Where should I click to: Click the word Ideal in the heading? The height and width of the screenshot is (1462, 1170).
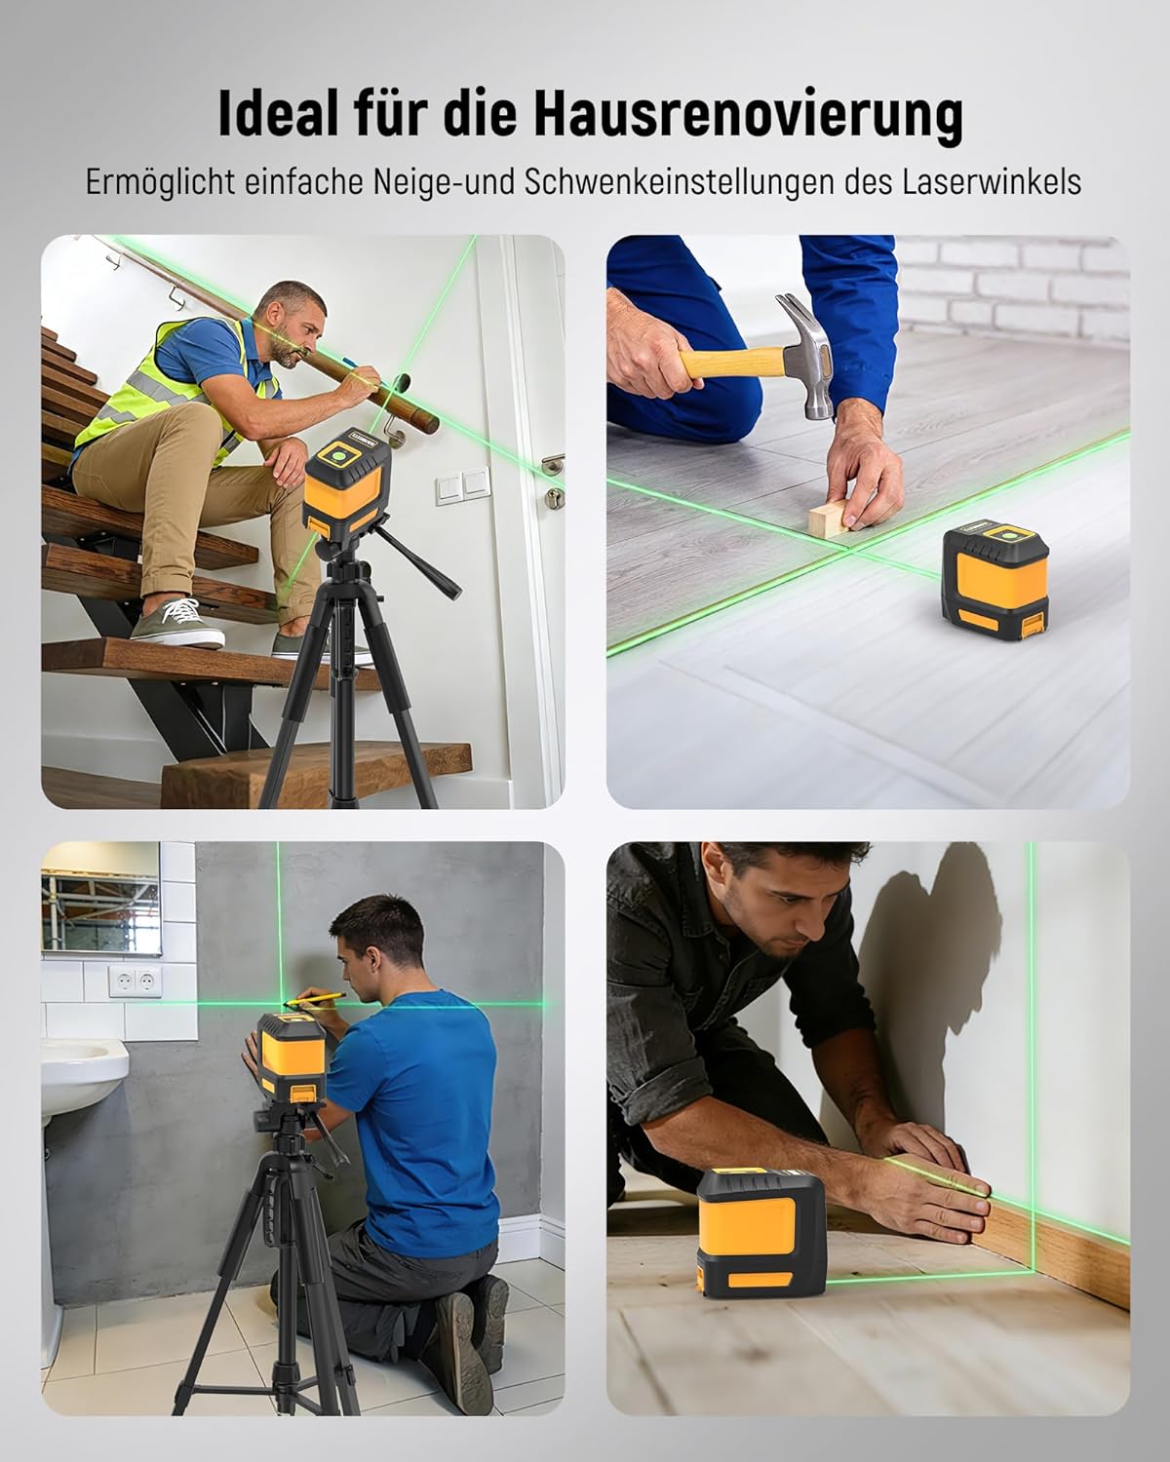click(x=277, y=113)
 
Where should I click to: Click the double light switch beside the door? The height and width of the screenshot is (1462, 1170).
click(x=463, y=485)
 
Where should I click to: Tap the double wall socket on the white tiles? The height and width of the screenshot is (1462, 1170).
click(x=136, y=981)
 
